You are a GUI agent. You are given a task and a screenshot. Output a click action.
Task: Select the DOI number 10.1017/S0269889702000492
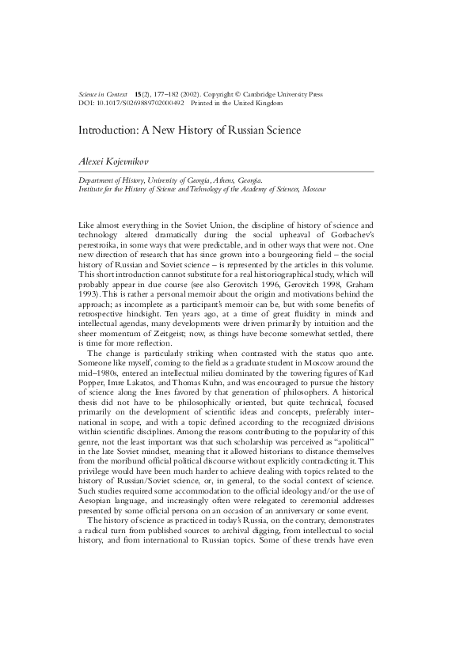click(140, 103)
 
